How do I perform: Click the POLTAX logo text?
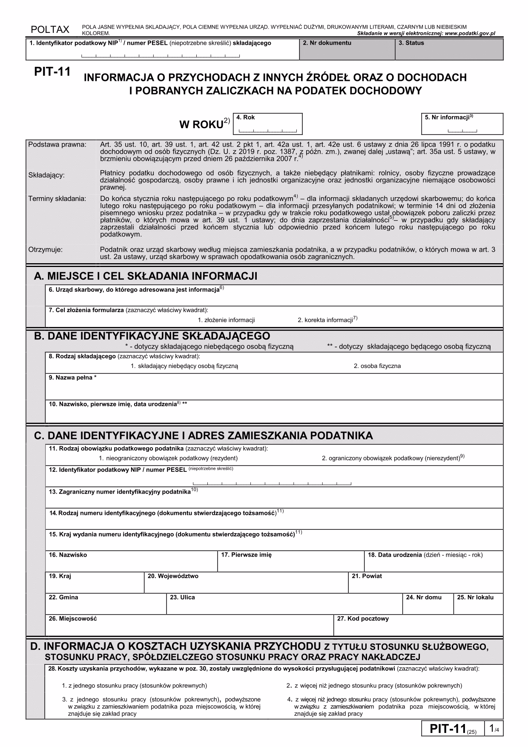coord(50,29)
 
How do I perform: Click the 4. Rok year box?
coord(268,124)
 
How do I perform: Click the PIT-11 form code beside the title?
coord(52,72)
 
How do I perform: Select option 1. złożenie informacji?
coord(226,320)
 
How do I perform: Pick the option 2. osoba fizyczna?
coord(377,366)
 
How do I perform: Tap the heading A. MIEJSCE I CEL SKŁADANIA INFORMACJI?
coord(146,276)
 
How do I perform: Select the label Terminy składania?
coord(57,199)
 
